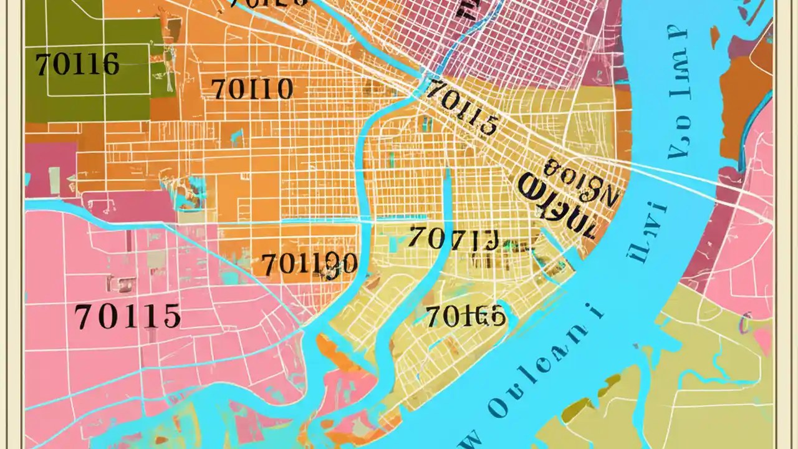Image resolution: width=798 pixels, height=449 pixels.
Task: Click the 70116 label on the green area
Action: point(77,65)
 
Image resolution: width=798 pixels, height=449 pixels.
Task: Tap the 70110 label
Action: point(252,90)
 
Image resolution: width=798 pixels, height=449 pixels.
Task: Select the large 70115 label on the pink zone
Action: point(128,317)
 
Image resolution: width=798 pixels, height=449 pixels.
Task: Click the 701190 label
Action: point(309,265)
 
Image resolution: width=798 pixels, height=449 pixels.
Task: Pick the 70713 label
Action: point(454,238)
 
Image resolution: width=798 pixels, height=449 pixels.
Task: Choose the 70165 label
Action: point(466,316)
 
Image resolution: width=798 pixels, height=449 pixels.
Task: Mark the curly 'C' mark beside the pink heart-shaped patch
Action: point(743,324)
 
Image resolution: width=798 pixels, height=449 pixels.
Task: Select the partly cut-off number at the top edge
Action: point(268,4)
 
